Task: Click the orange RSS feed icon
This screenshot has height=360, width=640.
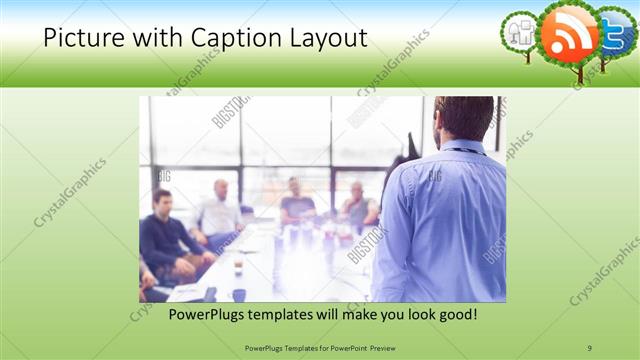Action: (569, 31)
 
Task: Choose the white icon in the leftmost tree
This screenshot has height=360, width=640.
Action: (520, 31)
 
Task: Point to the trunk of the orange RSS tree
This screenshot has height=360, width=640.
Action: (577, 69)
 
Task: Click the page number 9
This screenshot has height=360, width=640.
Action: (589, 347)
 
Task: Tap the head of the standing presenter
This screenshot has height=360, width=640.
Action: (465, 119)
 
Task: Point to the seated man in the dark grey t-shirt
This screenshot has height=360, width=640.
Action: (297, 203)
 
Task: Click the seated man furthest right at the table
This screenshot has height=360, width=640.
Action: (358, 206)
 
